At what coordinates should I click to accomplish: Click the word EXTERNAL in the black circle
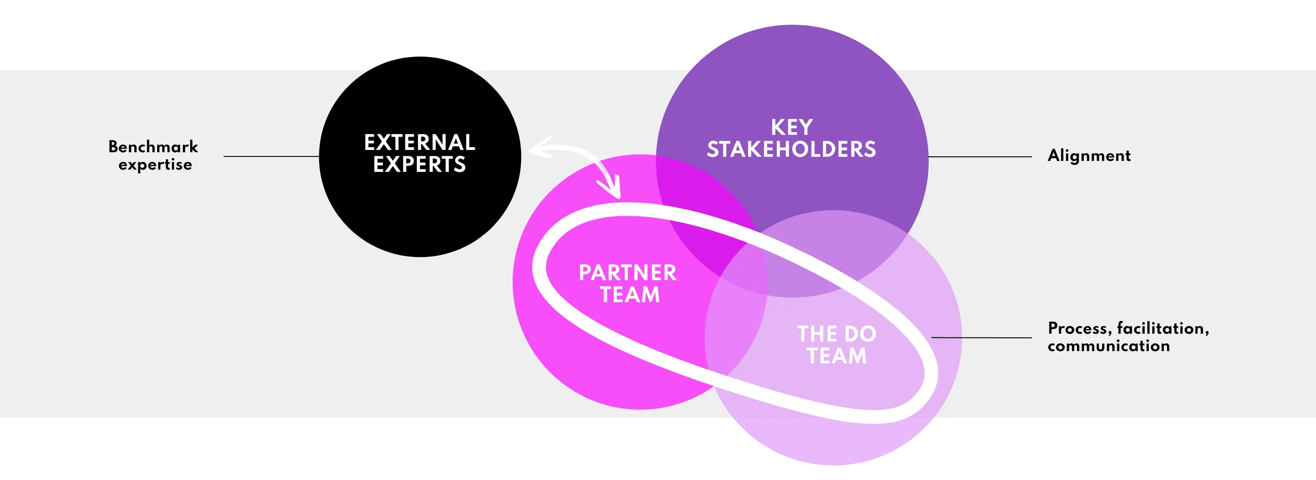pos(419,143)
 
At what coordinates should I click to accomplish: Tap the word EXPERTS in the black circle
pos(419,165)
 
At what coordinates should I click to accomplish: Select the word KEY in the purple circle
pos(791,127)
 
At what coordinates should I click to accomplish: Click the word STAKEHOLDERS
pos(791,149)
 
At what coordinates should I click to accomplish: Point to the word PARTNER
pos(627,273)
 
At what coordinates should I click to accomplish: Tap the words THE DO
pos(836,334)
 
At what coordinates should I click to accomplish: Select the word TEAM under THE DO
pos(837,356)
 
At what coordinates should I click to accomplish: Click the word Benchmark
pos(153,147)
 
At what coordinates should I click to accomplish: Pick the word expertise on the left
pos(155,165)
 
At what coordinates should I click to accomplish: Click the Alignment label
pos(1088,155)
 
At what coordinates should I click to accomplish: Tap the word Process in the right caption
pos(1079,328)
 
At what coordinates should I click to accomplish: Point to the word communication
pos(1109,346)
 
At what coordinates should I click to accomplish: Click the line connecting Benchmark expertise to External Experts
pos(271,156)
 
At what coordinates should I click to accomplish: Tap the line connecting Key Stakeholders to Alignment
pos(980,157)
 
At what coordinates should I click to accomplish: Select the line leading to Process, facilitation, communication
pos(981,337)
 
